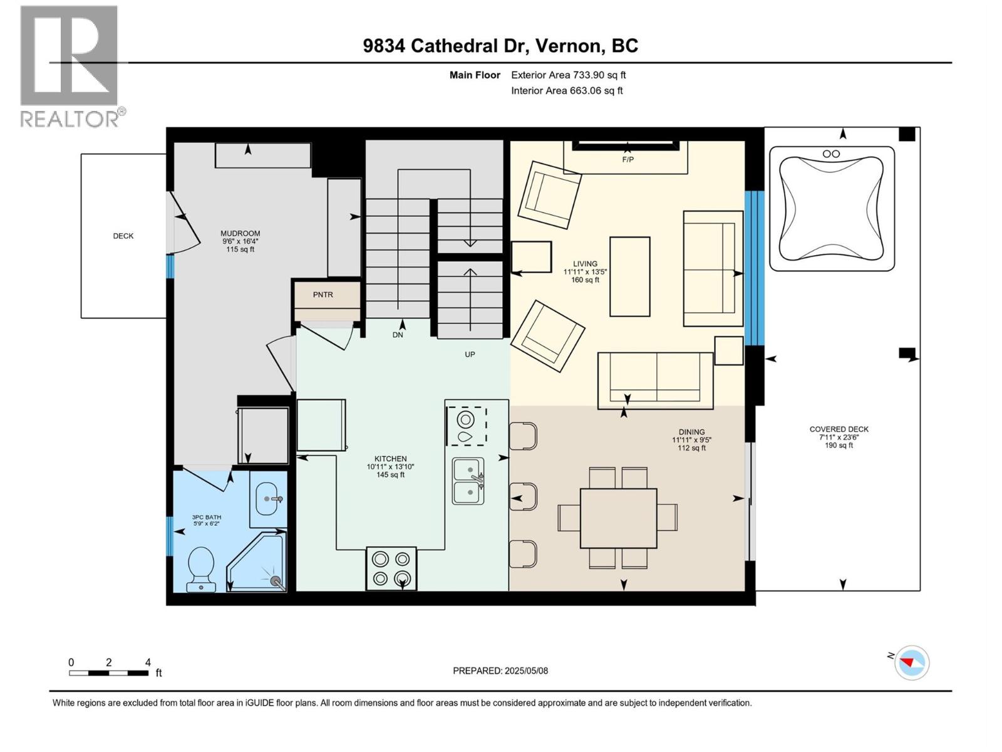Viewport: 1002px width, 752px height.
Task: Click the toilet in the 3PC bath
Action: [x=202, y=568]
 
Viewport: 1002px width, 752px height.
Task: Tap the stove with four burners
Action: [x=391, y=568]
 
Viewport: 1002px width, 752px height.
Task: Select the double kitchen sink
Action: [x=468, y=481]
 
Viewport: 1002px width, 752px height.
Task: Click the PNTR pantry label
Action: [x=323, y=295]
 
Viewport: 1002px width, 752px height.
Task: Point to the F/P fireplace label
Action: [x=628, y=159]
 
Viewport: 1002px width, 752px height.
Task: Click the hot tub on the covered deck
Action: [x=831, y=209]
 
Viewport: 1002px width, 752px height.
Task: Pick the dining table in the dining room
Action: [x=618, y=518]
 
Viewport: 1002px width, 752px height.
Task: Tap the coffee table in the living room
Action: [x=629, y=276]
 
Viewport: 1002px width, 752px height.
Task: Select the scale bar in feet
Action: [x=109, y=673]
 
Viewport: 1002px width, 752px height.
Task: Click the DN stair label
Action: [x=398, y=335]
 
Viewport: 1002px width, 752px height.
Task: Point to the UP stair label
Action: [x=470, y=354]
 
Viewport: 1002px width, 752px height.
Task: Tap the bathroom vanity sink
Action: [x=269, y=499]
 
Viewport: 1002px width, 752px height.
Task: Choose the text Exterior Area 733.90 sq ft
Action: [x=568, y=75]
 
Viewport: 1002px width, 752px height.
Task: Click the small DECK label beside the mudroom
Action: [x=123, y=236]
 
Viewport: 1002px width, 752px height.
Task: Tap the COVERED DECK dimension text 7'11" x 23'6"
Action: [x=839, y=437]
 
